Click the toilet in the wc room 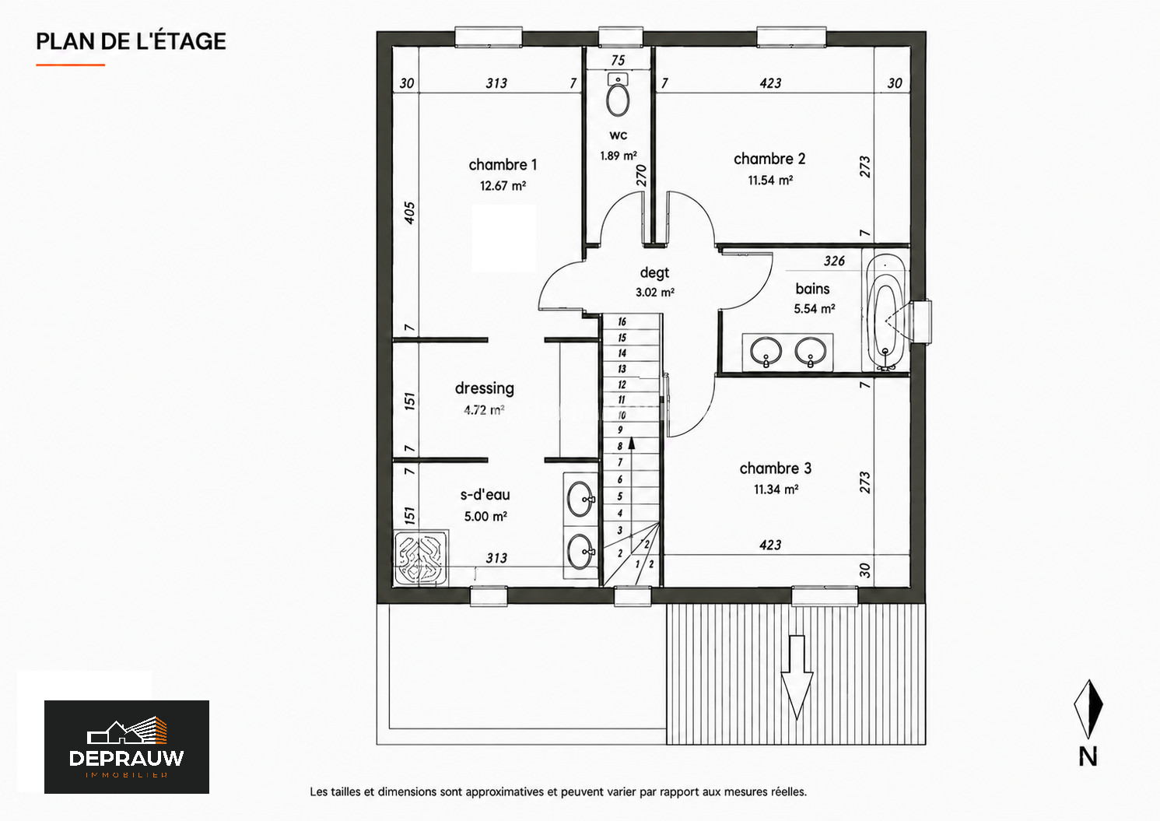(x=618, y=95)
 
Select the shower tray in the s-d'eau (x=421, y=559)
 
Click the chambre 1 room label (x=503, y=165)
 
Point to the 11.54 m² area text (x=770, y=181)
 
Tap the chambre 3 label (x=775, y=468)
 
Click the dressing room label (x=485, y=388)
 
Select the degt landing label (x=654, y=273)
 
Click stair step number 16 (x=622, y=321)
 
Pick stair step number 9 (x=620, y=430)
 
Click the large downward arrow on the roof (x=797, y=678)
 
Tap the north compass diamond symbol (x=1088, y=709)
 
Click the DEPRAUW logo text (x=126, y=758)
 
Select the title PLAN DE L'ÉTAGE (x=131, y=41)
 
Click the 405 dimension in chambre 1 (x=410, y=213)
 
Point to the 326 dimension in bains (x=834, y=261)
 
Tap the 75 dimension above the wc (x=618, y=61)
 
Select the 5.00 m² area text (x=485, y=517)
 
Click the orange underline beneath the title (x=71, y=65)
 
